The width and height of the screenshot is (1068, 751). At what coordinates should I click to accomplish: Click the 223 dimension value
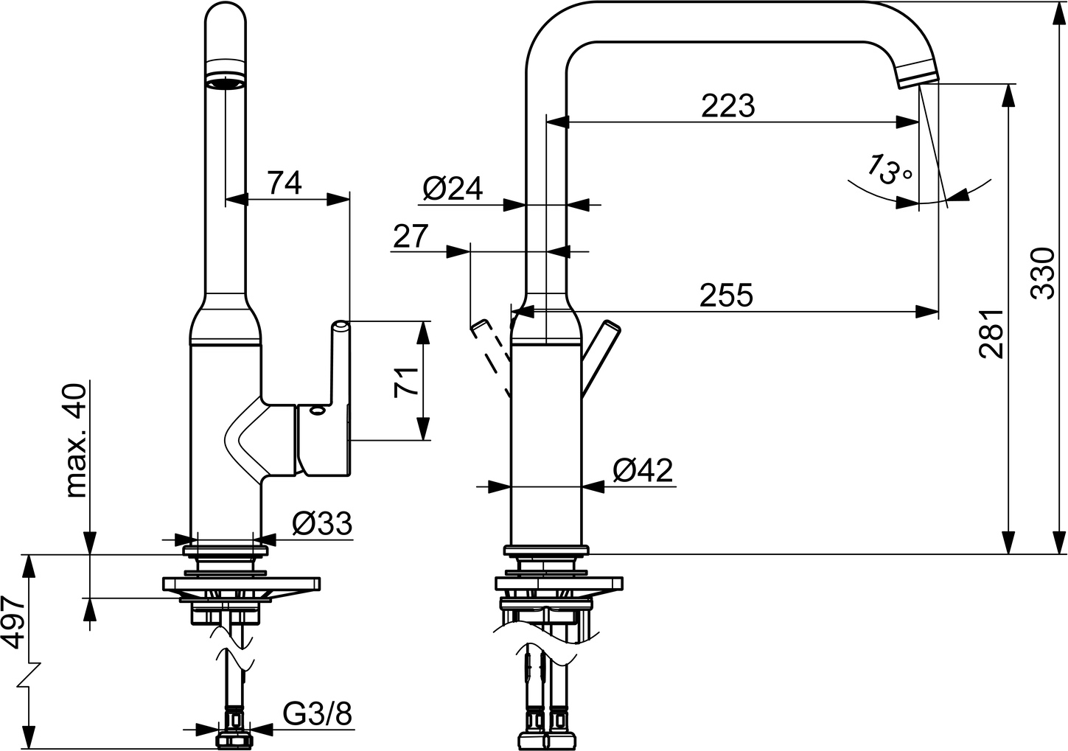(x=727, y=106)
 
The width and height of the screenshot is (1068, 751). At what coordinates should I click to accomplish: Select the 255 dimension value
(x=726, y=295)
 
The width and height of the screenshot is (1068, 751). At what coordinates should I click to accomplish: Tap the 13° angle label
(x=890, y=170)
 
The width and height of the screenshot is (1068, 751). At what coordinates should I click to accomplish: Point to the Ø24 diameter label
(x=453, y=189)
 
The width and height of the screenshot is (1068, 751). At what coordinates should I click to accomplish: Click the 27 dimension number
(x=410, y=237)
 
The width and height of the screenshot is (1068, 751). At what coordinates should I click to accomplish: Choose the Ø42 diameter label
(x=643, y=469)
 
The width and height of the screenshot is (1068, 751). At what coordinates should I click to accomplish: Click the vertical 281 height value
(x=991, y=333)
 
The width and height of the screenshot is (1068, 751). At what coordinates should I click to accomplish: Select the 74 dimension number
(x=284, y=182)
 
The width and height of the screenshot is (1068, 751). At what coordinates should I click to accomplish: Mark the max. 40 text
(x=76, y=441)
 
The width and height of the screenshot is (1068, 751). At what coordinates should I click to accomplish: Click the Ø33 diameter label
(x=321, y=524)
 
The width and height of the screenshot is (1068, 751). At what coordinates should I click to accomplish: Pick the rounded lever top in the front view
(x=341, y=326)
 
